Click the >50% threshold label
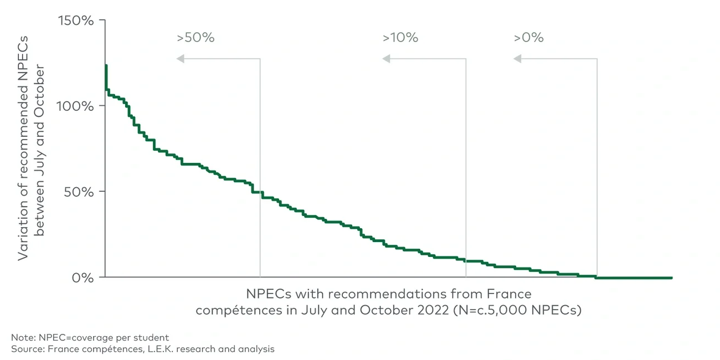[196, 38]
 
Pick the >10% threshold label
[400, 38]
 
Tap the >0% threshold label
[528, 38]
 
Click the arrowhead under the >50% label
[181, 59]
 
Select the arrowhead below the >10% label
[386, 59]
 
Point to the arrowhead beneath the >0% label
[517, 59]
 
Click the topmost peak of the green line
[105, 65]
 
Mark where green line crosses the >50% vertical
[260, 192]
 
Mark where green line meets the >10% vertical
[466, 260]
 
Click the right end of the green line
[671, 277]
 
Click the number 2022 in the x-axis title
[429, 310]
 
